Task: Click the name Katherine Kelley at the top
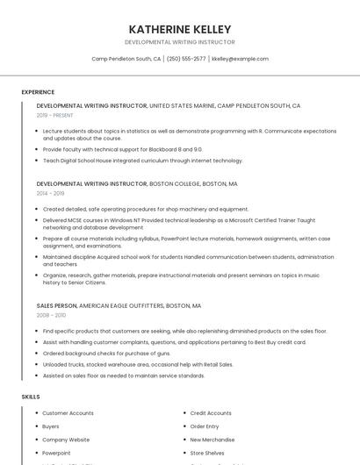coord(180,29)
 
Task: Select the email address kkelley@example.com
coord(240,59)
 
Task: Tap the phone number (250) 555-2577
coord(186,59)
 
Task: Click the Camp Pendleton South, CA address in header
coord(126,59)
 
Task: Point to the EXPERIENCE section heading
coord(38,92)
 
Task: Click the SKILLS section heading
coord(31,397)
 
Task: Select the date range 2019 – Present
coord(54,115)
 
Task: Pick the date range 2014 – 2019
coord(50,193)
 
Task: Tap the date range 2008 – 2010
coord(51,315)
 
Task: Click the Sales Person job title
coord(56,306)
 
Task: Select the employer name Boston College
coord(175,184)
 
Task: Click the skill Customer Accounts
coord(68,413)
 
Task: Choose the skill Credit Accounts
coord(211,413)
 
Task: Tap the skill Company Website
coord(66,440)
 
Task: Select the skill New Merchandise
coord(212,440)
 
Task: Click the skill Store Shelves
coord(207,453)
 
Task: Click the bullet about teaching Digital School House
coord(142,161)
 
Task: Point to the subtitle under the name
coord(180,42)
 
